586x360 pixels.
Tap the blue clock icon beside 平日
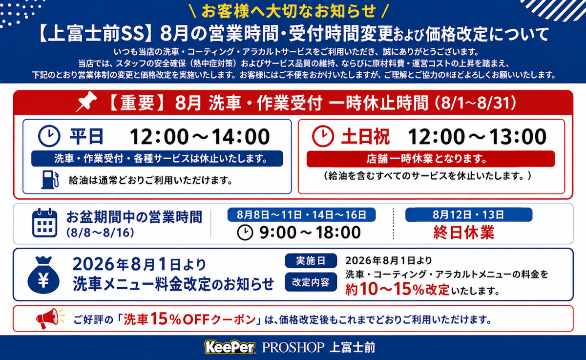pyautogui.click(x=49, y=136)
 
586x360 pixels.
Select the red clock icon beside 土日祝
pyautogui.click(x=323, y=136)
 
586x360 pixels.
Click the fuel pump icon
pyautogui.click(x=50, y=179)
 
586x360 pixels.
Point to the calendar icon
pyautogui.click(x=45, y=223)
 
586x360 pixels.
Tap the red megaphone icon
pyautogui.click(x=50, y=318)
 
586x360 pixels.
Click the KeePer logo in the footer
pyautogui.click(x=230, y=347)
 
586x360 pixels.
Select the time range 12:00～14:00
pyautogui.click(x=200, y=137)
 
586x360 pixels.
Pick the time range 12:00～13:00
pyautogui.click(x=477, y=137)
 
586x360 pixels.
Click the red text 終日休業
pyautogui.click(x=464, y=232)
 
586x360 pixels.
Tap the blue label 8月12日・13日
pyautogui.click(x=469, y=215)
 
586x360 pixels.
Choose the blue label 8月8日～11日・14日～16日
pyautogui.click(x=301, y=215)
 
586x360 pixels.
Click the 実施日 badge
pyautogui.click(x=311, y=260)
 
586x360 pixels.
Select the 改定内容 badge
pyautogui.click(x=311, y=282)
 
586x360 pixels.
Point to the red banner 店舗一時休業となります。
pyautogui.click(x=431, y=159)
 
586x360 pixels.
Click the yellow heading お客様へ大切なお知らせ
pyautogui.click(x=289, y=11)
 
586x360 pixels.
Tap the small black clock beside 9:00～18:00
pyautogui.click(x=245, y=233)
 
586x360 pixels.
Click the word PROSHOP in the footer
pyautogui.click(x=293, y=347)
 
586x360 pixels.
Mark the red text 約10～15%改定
pyautogui.click(x=398, y=289)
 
